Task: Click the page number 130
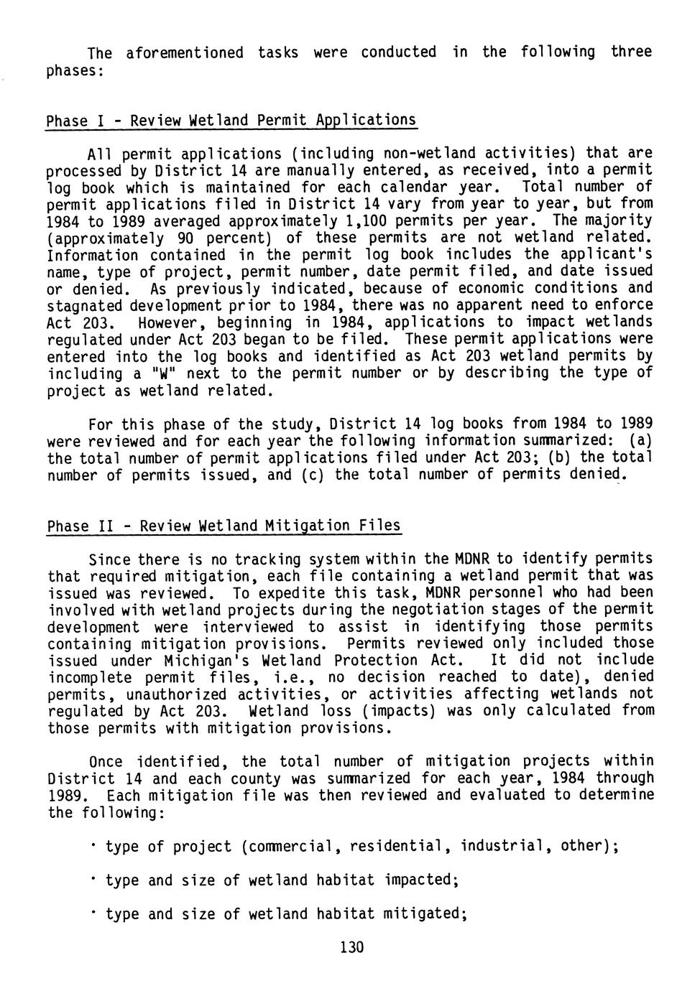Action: [352, 947]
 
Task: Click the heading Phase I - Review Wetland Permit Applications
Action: [231, 120]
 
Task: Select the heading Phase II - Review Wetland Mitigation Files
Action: [224, 526]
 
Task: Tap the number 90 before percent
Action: [183, 238]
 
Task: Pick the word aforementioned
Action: [185, 52]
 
